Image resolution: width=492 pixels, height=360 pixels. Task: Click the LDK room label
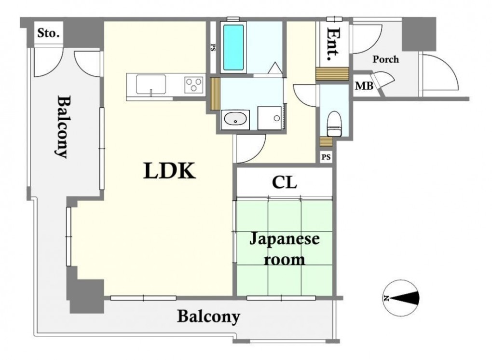[x=169, y=171]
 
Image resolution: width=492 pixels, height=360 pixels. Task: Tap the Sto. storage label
[x=49, y=34]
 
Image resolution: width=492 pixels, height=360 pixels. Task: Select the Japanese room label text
[x=284, y=249]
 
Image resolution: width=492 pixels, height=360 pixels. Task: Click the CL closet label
[x=284, y=183]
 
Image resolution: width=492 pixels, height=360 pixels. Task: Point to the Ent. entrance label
[x=333, y=44]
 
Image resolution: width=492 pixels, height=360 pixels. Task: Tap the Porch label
[x=385, y=59]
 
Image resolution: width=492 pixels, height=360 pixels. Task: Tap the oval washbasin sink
[x=235, y=119]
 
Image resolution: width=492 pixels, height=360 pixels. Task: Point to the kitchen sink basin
[x=151, y=85]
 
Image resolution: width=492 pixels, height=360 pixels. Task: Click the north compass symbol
[x=401, y=298]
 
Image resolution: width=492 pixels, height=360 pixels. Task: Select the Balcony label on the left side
[x=62, y=126]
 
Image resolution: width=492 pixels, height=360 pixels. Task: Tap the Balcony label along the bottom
[x=208, y=317]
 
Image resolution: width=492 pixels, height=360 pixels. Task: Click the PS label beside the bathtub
[x=212, y=48]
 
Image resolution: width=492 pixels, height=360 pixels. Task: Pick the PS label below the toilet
[x=327, y=157]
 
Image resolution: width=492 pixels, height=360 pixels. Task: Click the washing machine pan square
[x=272, y=118]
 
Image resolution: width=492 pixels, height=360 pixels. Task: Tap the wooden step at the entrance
[x=332, y=74]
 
